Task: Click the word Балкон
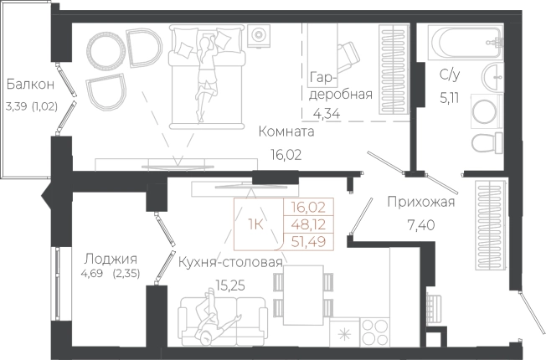point(31,85)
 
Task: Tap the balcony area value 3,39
point(17,106)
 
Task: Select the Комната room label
point(286,131)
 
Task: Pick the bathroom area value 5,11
point(450,98)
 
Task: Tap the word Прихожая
point(421,202)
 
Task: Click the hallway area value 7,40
point(421,225)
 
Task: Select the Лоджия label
point(111,259)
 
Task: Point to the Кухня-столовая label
point(230,263)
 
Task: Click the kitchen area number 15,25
point(230,285)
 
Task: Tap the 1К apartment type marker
point(255,225)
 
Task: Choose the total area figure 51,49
point(308,241)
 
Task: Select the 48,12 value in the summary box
point(308,224)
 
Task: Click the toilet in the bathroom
point(487,143)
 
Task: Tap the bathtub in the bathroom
point(466,42)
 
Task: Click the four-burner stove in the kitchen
point(374,332)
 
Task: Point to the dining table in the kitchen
point(303,295)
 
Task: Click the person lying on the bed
point(206,77)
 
